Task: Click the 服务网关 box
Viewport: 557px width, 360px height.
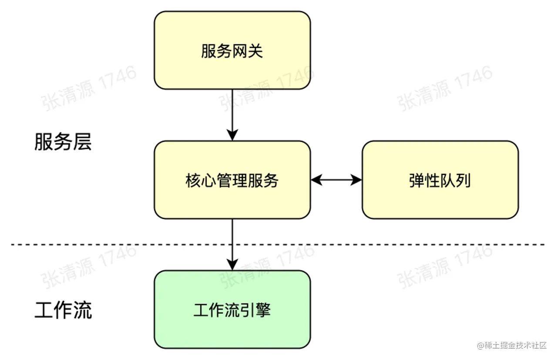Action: [232, 50]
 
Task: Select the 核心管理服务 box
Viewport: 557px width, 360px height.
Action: [232, 180]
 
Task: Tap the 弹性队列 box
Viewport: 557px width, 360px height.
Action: [440, 180]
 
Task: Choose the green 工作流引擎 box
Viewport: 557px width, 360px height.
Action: [232, 310]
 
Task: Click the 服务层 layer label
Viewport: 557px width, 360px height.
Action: [63, 142]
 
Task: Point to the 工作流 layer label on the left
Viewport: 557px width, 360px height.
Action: [63, 310]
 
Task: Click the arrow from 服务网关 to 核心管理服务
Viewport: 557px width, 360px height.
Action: [232, 115]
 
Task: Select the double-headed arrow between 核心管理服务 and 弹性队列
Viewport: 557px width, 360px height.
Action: [336, 180]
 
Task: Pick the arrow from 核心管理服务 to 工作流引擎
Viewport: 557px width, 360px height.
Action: [232, 245]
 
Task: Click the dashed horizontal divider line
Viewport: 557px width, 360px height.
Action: [278, 245]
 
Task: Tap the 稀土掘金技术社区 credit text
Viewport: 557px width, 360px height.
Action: [512, 345]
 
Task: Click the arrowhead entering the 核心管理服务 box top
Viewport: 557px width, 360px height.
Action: [232, 135]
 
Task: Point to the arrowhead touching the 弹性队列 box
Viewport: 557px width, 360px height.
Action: [356, 180]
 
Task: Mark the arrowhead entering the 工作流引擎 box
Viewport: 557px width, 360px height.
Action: [232, 265]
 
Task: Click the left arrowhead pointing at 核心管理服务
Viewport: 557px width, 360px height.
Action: [317, 180]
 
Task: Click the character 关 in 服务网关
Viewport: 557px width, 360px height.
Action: [255, 51]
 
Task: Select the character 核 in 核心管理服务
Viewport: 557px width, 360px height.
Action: [193, 180]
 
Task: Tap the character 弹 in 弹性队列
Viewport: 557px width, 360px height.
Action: [417, 180]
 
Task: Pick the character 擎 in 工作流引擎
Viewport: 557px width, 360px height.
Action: [263, 310]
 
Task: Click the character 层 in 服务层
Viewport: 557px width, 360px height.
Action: [83, 142]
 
